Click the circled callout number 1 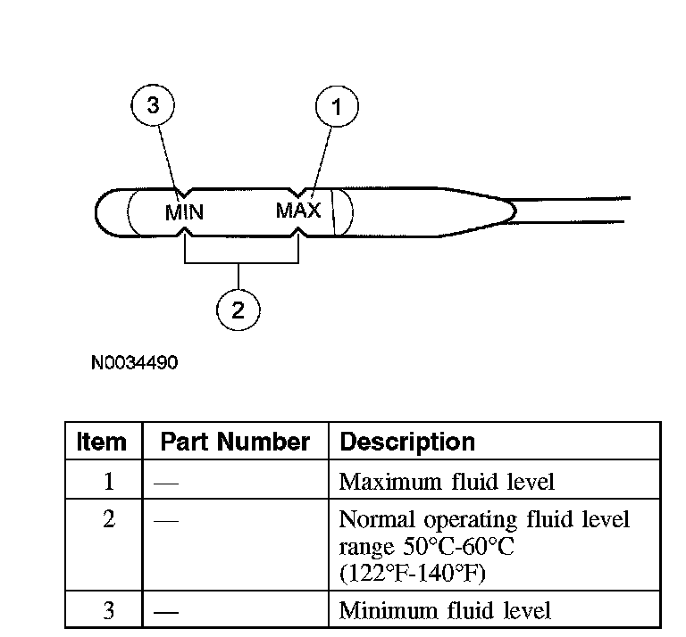(337, 109)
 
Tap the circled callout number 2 (238, 310)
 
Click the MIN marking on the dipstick (185, 213)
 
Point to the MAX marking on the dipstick (297, 211)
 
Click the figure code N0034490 (134, 363)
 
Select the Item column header (102, 442)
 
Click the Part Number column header (235, 442)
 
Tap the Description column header (407, 442)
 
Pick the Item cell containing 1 (108, 482)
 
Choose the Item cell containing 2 (108, 519)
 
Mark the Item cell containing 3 (108, 610)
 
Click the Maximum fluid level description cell (447, 482)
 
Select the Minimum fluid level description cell (445, 610)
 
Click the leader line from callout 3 (168, 157)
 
